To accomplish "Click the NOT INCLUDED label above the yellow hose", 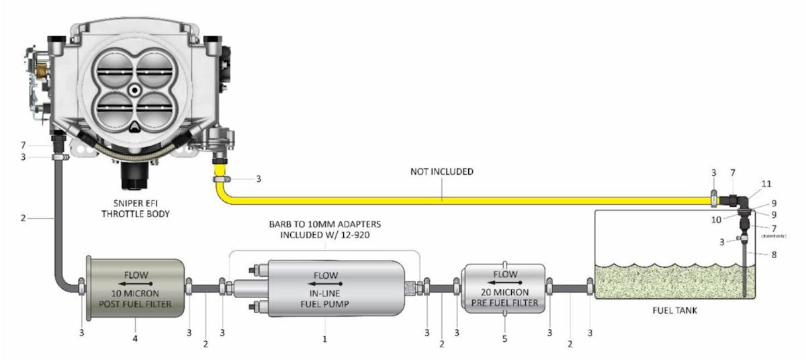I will [x=442, y=172].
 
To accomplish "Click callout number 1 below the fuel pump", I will [x=324, y=339].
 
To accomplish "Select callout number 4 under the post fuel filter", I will [x=135, y=339].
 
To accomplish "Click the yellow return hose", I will [x=470, y=199].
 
